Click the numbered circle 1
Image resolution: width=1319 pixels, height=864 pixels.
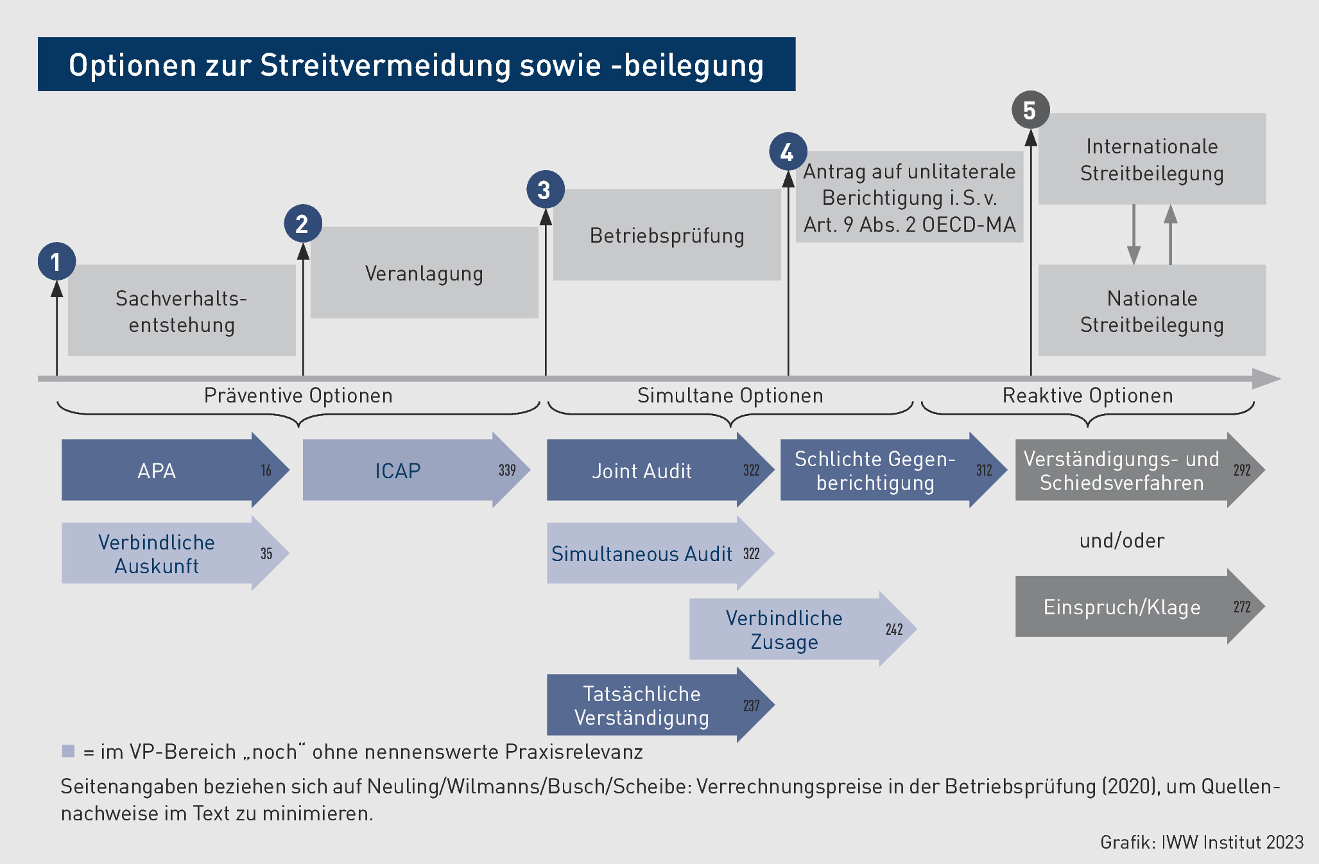56,261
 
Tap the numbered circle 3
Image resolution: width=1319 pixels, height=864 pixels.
545,189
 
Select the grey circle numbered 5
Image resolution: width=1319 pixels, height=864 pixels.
1030,110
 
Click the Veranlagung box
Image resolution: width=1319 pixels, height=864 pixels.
424,273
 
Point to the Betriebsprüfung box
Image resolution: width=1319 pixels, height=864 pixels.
667,235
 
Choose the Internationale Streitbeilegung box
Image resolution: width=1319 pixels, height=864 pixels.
1151,159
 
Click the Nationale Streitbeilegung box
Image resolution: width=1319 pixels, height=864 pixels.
1151,311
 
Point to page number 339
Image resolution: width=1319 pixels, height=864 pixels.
507,470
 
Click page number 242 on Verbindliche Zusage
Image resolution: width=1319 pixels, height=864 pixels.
894,629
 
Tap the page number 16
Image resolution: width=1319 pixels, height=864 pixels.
266,470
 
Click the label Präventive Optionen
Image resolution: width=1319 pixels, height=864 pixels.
298,395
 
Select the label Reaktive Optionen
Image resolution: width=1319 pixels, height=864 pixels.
1087,395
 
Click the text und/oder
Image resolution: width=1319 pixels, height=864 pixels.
1121,540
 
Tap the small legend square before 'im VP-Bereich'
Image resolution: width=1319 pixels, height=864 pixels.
68,751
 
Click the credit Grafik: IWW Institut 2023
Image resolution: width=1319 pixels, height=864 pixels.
1202,842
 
